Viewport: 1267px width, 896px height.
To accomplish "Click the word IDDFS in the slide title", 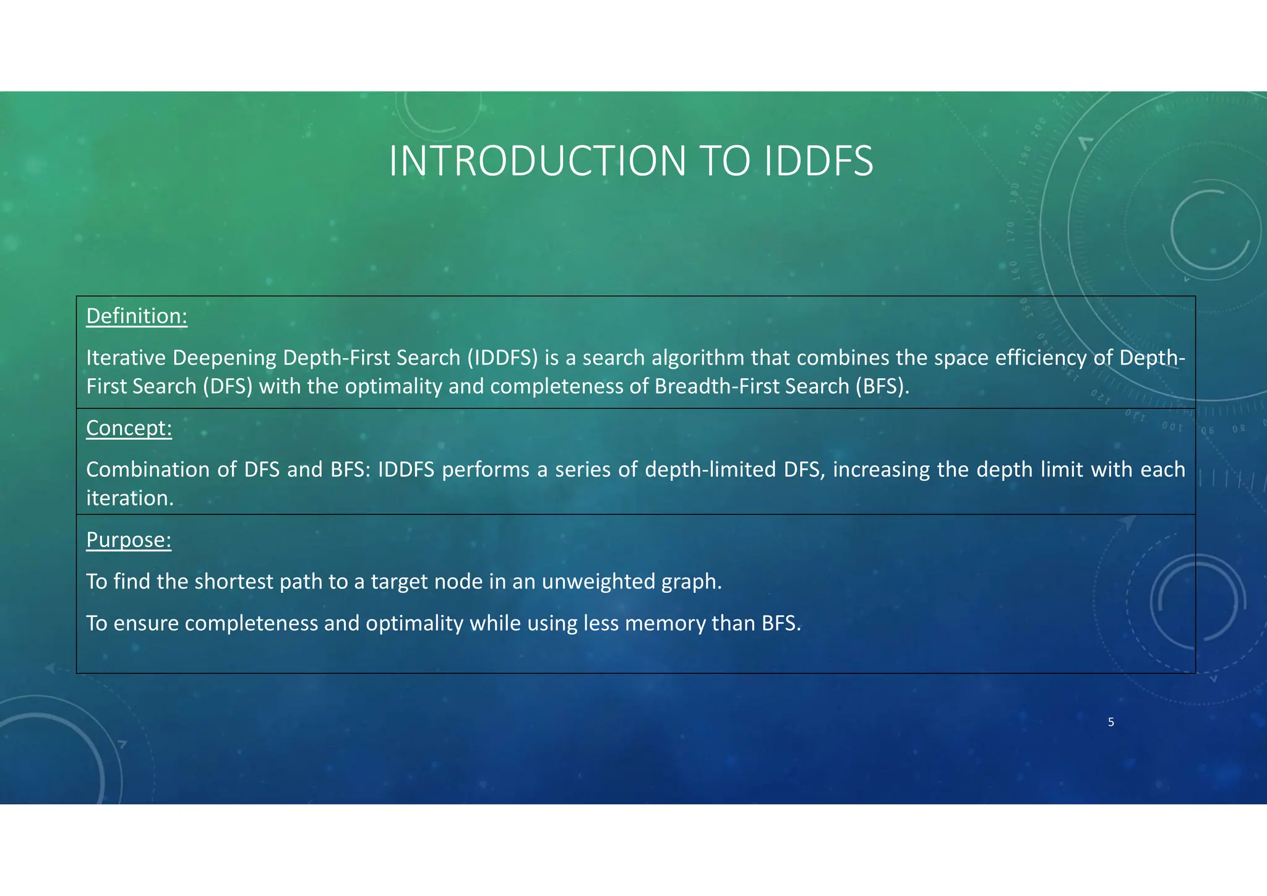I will coord(818,162).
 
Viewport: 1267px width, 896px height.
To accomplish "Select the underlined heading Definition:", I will coord(137,316).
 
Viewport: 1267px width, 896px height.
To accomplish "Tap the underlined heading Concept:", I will coord(129,428).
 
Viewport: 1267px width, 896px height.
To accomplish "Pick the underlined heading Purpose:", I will coord(129,540).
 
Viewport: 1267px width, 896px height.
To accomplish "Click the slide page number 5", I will coord(1111,722).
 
